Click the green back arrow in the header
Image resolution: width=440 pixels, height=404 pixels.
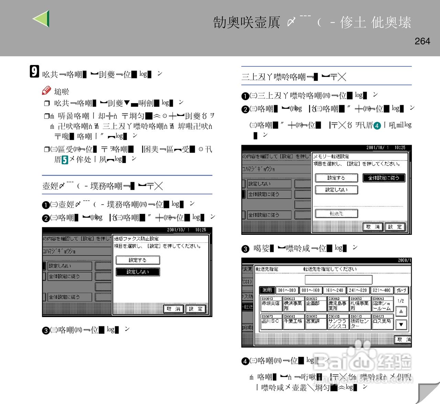click(x=42, y=19)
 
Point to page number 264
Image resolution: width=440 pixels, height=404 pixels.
click(x=422, y=41)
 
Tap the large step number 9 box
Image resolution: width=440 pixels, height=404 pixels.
click(x=34, y=71)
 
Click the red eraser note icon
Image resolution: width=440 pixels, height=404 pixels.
click(x=46, y=90)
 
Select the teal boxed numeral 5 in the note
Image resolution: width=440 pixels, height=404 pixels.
click(x=65, y=160)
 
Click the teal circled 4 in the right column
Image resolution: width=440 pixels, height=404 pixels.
click(x=377, y=125)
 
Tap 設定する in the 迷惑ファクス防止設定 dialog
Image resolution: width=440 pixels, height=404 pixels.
click(x=137, y=260)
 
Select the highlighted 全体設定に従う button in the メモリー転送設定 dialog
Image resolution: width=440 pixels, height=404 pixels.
click(x=384, y=178)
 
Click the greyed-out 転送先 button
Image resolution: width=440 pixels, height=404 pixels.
click(x=336, y=214)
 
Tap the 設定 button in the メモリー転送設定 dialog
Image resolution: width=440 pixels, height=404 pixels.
click(x=395, y=227)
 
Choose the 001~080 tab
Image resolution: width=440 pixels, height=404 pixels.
click(x=287, y=290)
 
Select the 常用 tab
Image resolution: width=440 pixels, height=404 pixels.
click(x=267, y=290)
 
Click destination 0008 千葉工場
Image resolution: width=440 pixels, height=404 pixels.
click(x=293, y=321)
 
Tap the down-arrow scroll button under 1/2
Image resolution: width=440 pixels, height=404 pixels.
click(x=401, y=324)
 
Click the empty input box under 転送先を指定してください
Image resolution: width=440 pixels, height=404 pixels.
click(x=338, y=279)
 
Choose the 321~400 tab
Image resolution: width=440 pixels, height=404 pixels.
click(x=382, y=290)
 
